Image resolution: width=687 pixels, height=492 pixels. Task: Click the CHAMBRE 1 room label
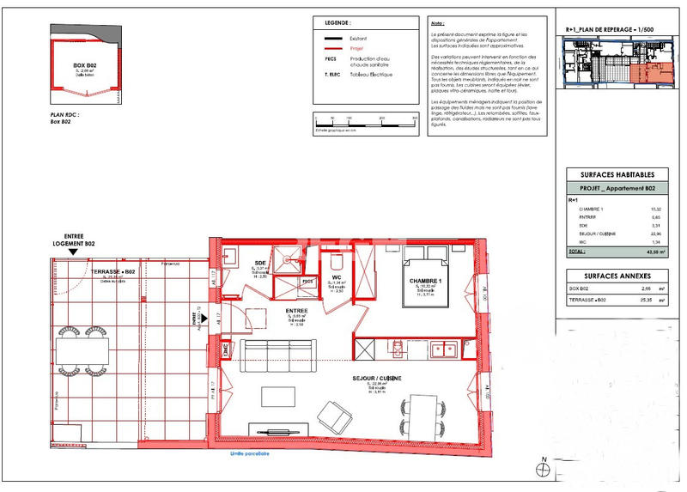coord(426,281)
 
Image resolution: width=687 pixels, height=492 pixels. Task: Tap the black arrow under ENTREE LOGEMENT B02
coord(72,256)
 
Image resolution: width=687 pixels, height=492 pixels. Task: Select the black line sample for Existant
coord(332,39)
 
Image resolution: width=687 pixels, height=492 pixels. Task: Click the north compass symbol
coord(542,469)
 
